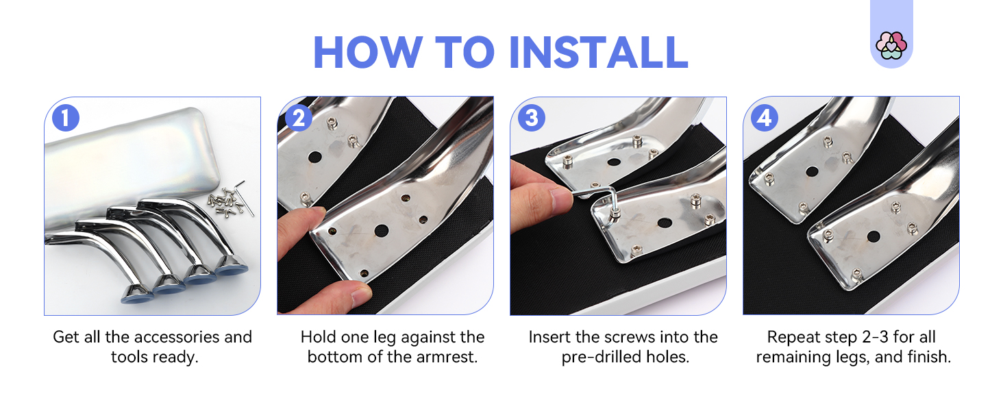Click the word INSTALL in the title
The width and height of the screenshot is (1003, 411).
coord(599,52)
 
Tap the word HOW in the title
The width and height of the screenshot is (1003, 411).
coord(368,52)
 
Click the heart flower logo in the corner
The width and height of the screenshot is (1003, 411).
coord(891,45)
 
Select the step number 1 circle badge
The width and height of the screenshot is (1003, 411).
coord(66,118)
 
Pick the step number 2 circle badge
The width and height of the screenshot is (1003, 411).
coord(299,118)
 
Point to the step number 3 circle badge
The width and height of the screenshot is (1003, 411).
coord(532,118)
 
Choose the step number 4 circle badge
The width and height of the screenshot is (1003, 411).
coord(765,118)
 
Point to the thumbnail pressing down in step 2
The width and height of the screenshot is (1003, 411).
coord(361,295)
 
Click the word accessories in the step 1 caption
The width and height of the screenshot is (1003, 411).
coord(177,337)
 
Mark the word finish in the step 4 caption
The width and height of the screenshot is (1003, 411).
coord(929,358)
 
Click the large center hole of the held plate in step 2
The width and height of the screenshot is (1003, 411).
coord(381,231)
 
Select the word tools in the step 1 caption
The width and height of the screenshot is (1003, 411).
coord(129,358)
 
